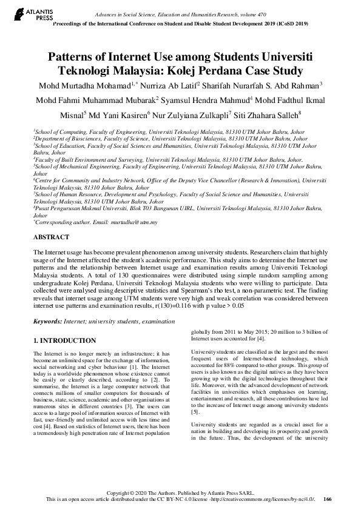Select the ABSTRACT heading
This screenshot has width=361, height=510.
point(51,237)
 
